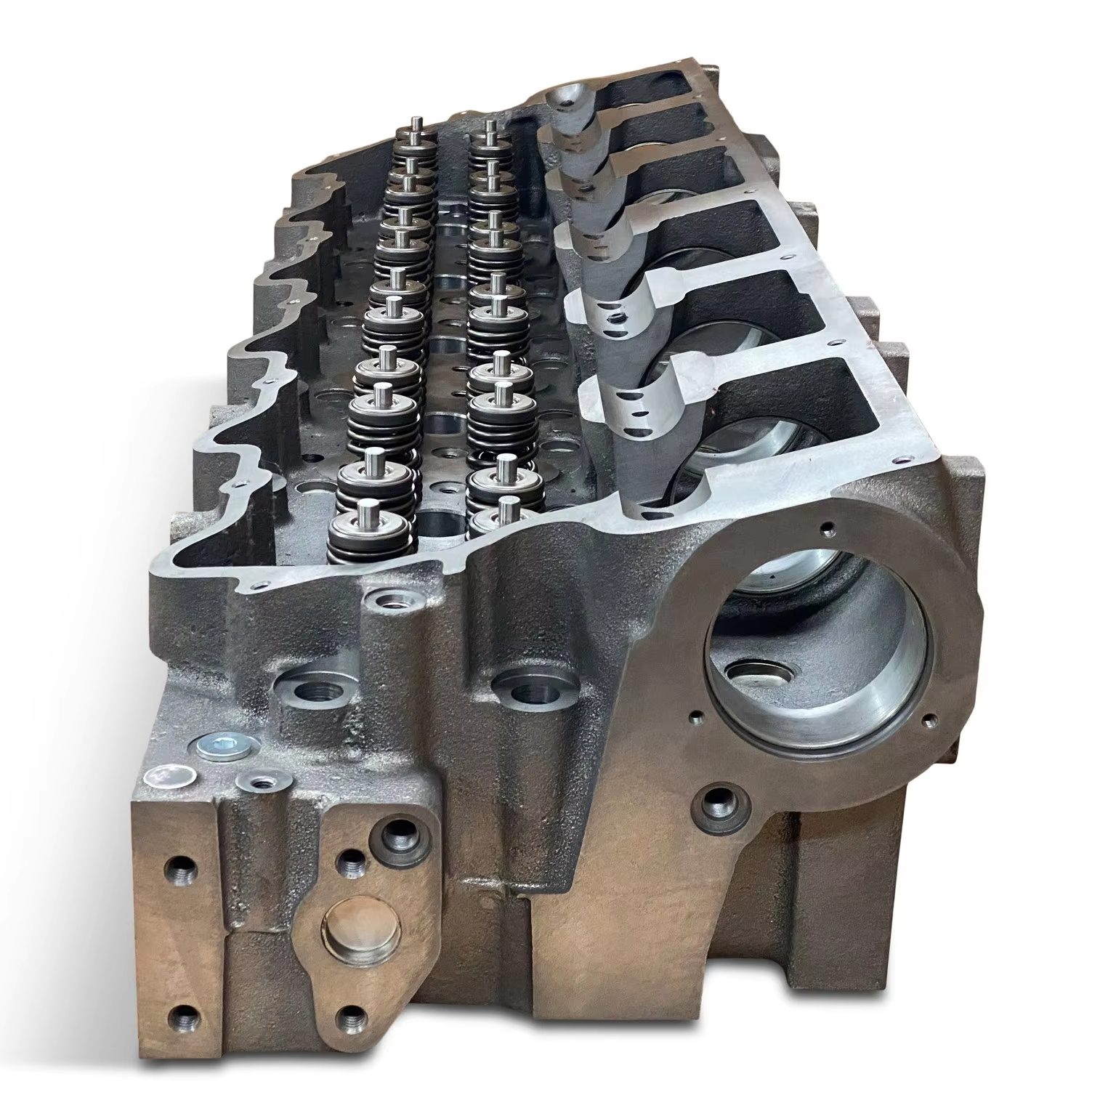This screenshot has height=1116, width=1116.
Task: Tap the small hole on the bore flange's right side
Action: [928, 721]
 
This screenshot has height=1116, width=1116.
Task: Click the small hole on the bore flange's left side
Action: [696, 716]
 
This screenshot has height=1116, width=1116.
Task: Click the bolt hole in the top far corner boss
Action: [566, 102]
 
